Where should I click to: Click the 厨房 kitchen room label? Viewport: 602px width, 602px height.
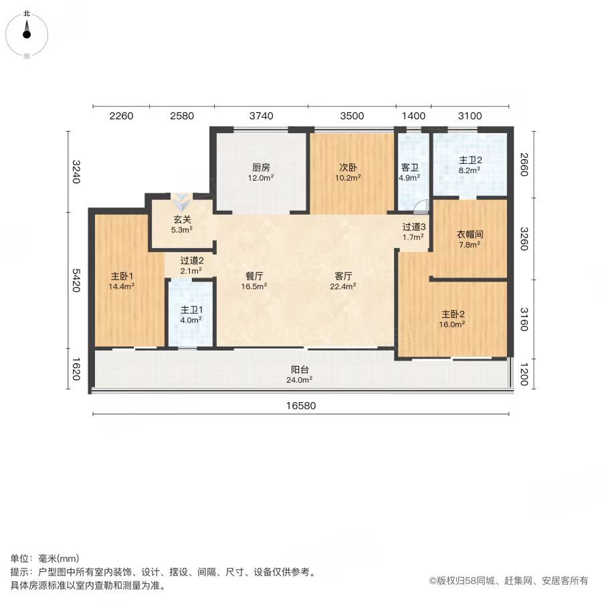[261, 167]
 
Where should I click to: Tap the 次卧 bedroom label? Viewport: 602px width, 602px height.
[348, 167]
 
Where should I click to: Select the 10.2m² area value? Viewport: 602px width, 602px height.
[348, 178]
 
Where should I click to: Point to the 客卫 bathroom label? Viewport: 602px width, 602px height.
[409, 168]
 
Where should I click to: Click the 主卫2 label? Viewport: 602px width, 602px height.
[470, 160]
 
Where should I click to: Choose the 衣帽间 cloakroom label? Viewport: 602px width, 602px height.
[470, 234]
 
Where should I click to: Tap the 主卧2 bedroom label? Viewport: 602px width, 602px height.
[453, 314]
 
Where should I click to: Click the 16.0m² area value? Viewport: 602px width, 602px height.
[452, 324]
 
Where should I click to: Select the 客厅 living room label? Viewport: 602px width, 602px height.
[343, 276]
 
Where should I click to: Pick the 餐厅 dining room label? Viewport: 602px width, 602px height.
[254, 276]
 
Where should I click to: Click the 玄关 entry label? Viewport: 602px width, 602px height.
[182, 219]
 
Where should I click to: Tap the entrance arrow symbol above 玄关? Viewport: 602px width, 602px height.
[182, 202]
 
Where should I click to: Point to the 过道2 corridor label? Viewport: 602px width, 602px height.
[192, 261]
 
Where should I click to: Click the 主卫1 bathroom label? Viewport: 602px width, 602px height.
[191, 310]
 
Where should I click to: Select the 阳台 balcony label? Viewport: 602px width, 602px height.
[300, 370]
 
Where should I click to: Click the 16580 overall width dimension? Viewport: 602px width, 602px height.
[301, 406]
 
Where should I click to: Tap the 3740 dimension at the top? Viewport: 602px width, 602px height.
[261, 116]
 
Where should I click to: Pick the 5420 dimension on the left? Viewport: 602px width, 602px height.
[76, 280]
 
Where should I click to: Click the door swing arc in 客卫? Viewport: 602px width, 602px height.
[421, 206]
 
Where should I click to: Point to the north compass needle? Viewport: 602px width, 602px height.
[27, 29]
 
